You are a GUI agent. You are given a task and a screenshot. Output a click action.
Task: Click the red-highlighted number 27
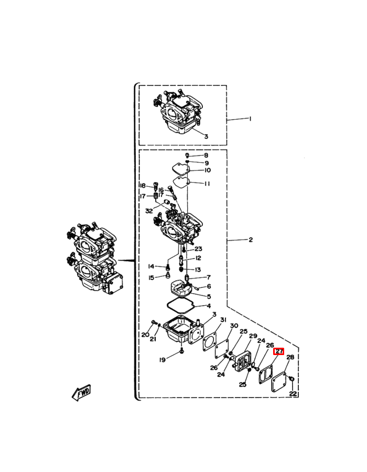(278, 351)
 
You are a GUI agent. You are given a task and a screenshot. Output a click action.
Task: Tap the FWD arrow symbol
(81, 392)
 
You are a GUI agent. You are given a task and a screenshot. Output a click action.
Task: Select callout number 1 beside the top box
(250, 119)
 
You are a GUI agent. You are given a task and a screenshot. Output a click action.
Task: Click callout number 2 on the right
(251, 240)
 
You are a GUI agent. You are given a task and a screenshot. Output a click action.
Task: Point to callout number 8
(206, 155)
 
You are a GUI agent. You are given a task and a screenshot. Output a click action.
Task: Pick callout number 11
(207, 184)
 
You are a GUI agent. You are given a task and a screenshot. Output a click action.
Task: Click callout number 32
(149, 211)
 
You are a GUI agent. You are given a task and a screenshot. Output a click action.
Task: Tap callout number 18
(143, 186)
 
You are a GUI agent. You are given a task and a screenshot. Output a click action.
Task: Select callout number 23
(199, 249)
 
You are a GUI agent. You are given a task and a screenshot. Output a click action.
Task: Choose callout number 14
(151, 266)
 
